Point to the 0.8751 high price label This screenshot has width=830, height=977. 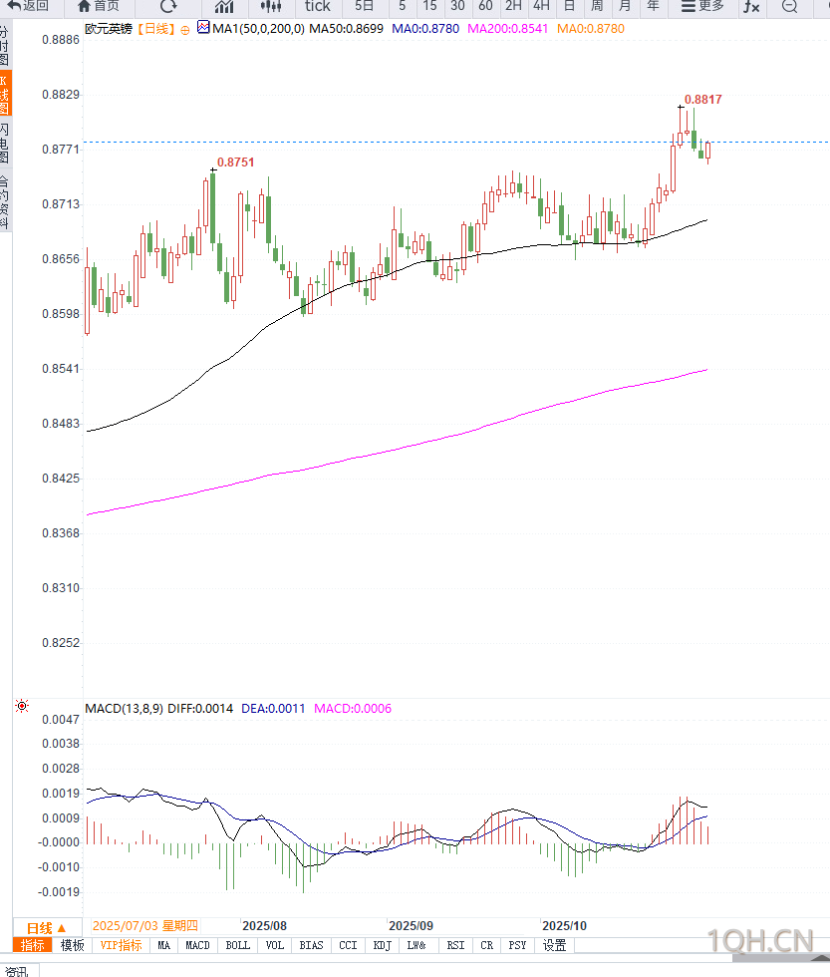click(x=235, y=162)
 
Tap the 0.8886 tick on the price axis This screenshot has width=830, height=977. click(x=61, y=41)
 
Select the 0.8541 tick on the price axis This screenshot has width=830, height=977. click(x=61, y=369)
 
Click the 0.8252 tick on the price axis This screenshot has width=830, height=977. click(x=61, y=643)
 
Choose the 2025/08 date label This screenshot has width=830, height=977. click(x=265, y=925)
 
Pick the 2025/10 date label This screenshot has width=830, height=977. click(x=564, y=925)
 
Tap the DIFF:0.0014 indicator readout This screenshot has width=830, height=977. click(x=200, y=709)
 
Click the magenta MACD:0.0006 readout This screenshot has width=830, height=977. click(x=353, y=709)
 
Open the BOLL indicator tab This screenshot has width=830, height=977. click(x=237, y=945)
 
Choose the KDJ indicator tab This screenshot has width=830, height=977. click(x=383, y=945)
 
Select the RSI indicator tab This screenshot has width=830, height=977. click(x=455, y=945)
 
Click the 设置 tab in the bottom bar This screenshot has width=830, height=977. click(x=554, y=945)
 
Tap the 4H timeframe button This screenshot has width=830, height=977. click(x=541, y=6)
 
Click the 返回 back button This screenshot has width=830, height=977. click(x=29, y=6)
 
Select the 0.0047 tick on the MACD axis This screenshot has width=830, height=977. click(x=61, y=719)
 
